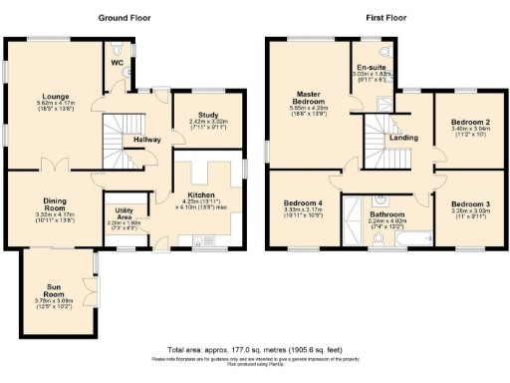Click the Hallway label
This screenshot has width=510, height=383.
[147, 140]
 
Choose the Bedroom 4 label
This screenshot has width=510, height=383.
[303, 202]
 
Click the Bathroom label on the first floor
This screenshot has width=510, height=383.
[385, 213]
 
